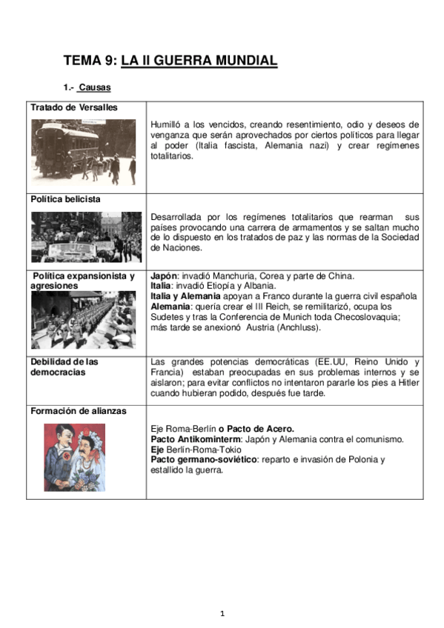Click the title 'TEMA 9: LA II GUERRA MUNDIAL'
170,61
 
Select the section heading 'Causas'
94,87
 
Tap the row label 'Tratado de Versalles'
74,107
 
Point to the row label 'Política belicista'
66,199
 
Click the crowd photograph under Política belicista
86,237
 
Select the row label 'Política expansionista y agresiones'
83,281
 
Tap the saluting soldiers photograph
83,320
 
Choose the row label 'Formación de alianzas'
79,411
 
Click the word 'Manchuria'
222,276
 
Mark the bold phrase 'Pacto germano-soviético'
203,460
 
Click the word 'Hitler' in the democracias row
408,383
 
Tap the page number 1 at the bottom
222,612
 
